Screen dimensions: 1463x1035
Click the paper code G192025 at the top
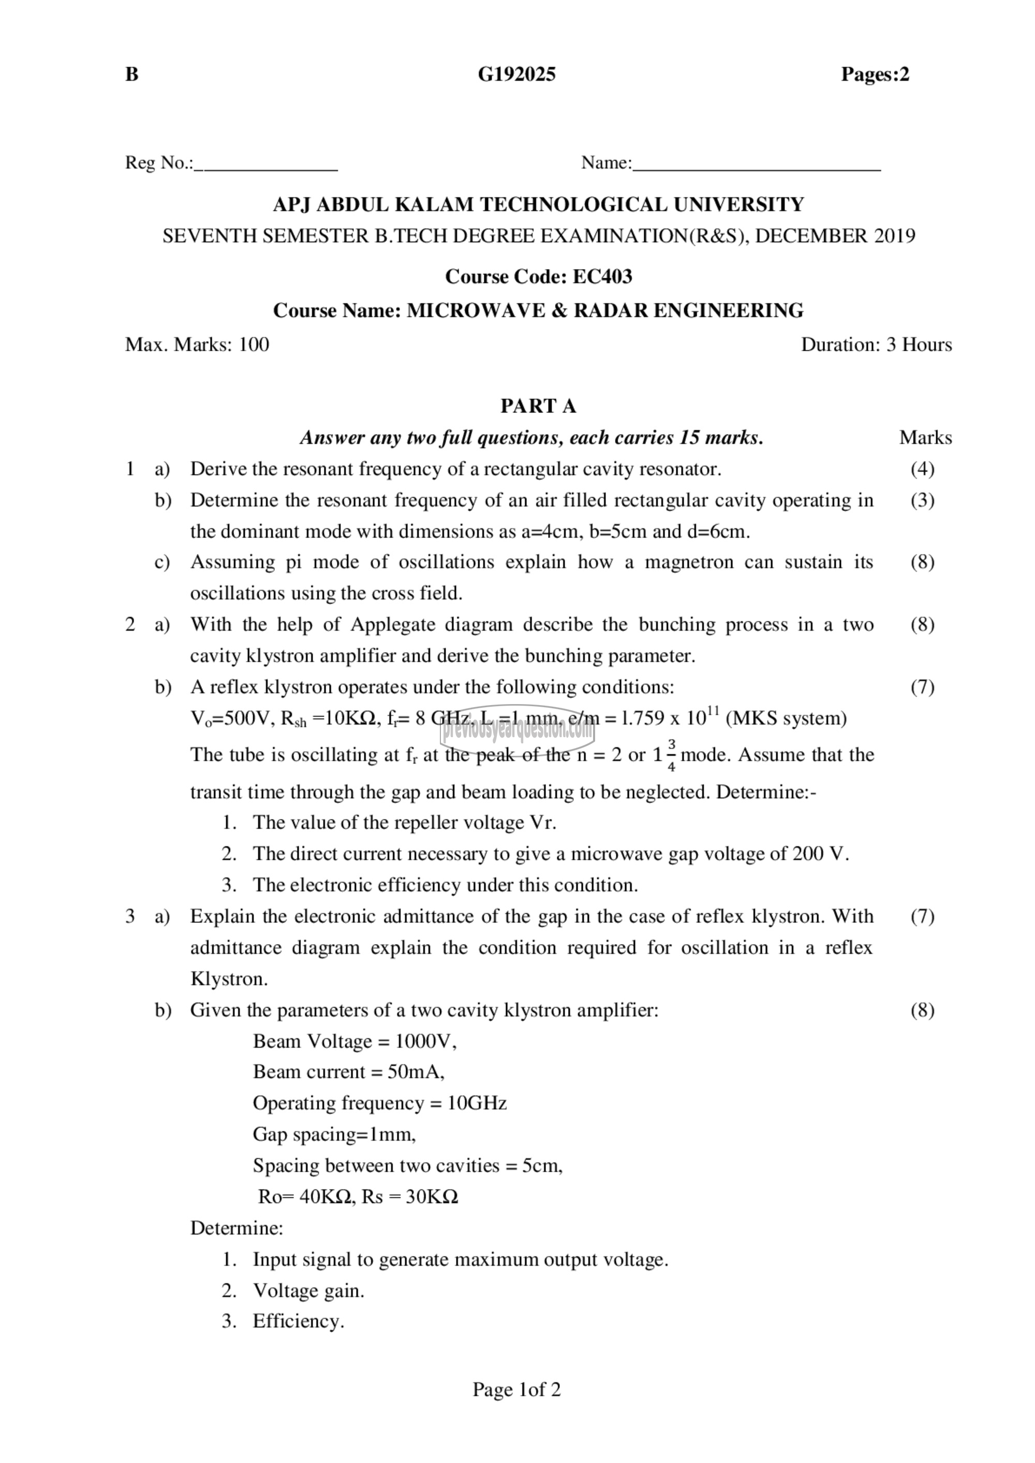coord(516,74)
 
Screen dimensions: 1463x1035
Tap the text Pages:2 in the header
coord(875,74)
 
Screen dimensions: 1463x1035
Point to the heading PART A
coord(538,406)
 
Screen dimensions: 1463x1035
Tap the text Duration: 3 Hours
coord(876,345)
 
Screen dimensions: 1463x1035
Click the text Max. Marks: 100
coord(197,345)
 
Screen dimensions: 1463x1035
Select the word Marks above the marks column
coord(925,438)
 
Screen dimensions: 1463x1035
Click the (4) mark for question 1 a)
coord(922,469)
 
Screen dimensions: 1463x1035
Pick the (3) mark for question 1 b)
coord(922,500)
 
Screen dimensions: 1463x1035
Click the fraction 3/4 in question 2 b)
coord(672,756)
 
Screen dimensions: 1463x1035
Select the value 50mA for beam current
coord(416,1072)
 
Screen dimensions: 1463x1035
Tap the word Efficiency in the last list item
coord(298,1321)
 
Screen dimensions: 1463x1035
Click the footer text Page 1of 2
coord(517,1389)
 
